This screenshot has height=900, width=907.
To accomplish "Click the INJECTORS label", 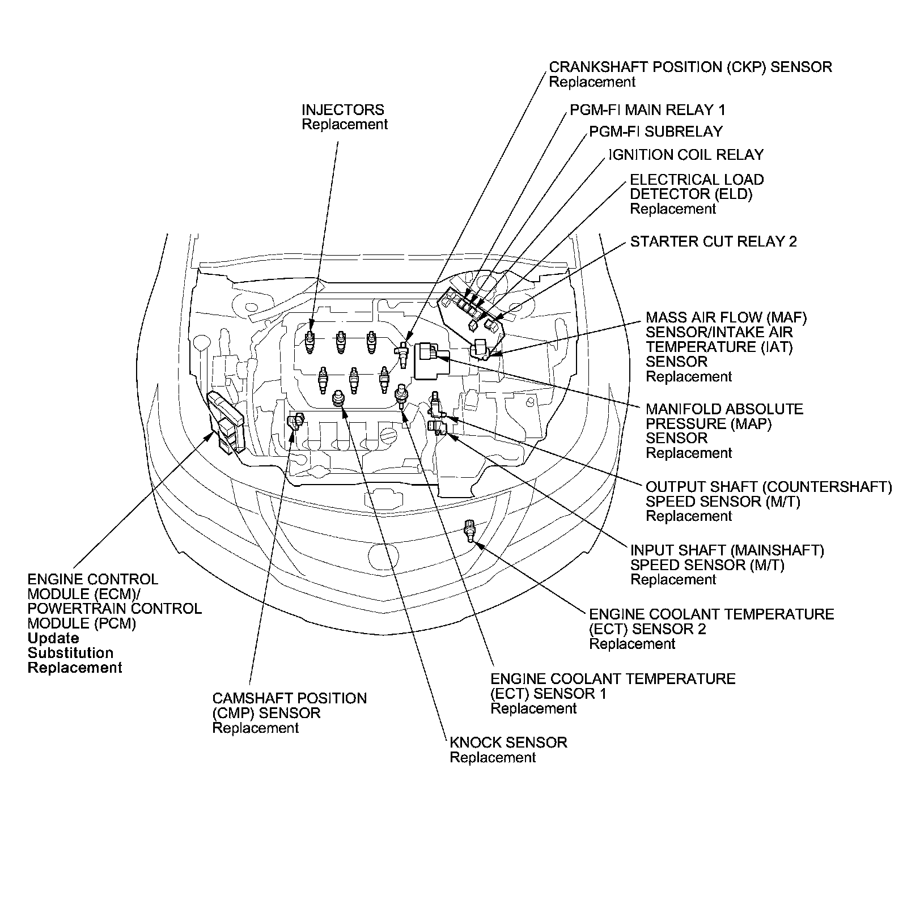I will click(342, 110).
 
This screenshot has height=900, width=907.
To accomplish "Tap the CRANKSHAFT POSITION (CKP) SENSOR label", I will click(690, 67).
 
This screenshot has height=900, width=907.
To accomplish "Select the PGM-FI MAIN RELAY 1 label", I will click(647, 110).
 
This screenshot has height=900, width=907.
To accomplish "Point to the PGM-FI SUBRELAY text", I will click(656, 131).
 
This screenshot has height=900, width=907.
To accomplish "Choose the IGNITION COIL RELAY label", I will click(686, 155).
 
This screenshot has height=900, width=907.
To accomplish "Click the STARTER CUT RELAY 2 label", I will click(713, 241).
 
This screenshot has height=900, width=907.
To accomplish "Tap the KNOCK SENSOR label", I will click(508, 742).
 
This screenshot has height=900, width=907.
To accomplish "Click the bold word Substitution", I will click(70, 653).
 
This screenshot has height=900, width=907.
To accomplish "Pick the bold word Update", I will click(53, 638).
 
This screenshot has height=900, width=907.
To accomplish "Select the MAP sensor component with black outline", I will click(432, 360).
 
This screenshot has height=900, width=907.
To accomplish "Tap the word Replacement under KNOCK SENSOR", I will click(493, 757).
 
